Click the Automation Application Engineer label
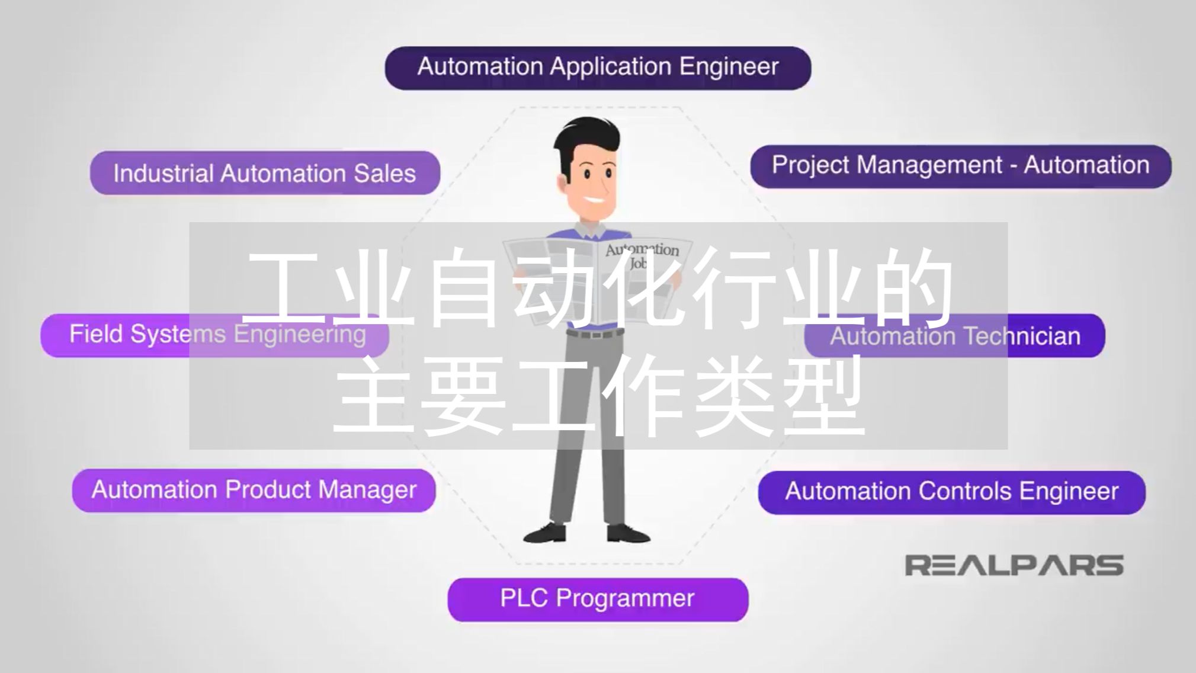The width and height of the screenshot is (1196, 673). tap(598, 68)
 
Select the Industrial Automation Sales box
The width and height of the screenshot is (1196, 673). tap(265, 173)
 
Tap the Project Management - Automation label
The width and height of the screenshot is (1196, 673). tap(960, 166)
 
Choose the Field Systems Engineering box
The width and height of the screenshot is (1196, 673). tap(214, 335)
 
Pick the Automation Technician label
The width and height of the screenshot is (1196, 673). tap(954, 336)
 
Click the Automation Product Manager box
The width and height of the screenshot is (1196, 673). tap(254, 490)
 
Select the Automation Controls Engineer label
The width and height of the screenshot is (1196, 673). tap(951, 492)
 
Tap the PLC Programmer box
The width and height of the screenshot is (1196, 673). tap(597, 599)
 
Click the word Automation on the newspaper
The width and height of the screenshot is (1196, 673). tap(642, 250)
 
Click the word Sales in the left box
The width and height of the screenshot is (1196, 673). tap(384, 174)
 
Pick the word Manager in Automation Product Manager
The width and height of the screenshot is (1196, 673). tap(367, 491)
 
